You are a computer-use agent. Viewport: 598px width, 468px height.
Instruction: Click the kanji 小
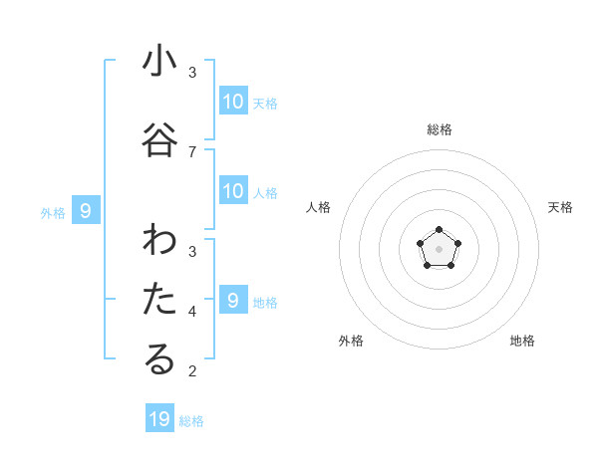click(159, 62)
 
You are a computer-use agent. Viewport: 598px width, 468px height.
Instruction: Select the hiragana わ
click(159, 241)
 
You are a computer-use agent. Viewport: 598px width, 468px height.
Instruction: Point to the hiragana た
click(159, 300)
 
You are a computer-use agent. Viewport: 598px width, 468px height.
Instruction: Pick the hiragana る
click(159, 359)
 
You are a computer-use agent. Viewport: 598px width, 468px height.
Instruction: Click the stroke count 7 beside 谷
click(191, 151)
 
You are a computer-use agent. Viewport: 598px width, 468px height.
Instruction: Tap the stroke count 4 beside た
click(191, 311)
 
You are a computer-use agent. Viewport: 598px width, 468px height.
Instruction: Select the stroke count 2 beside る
click(191, 371)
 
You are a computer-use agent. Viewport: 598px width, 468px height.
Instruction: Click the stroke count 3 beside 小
click(191, 73)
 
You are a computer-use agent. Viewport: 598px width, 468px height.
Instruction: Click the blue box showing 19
click(159, 419)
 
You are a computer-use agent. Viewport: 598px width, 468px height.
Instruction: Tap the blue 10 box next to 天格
click(233, 102)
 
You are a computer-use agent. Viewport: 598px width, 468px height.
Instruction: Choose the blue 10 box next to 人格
click(233, 191)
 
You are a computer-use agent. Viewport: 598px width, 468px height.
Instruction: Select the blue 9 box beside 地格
click(233, 301)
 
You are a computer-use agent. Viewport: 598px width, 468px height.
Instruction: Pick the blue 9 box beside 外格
click(86, 211)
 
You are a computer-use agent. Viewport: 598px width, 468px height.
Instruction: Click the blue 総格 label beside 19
click(191, 421)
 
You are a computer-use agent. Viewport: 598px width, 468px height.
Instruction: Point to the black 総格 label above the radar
click(439, 129)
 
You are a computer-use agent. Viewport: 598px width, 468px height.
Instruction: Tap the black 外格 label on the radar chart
click(351, 341)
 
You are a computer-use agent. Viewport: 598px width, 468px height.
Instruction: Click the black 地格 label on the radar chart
click(522, 341)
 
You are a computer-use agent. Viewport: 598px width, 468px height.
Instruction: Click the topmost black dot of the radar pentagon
click(439, 231)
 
